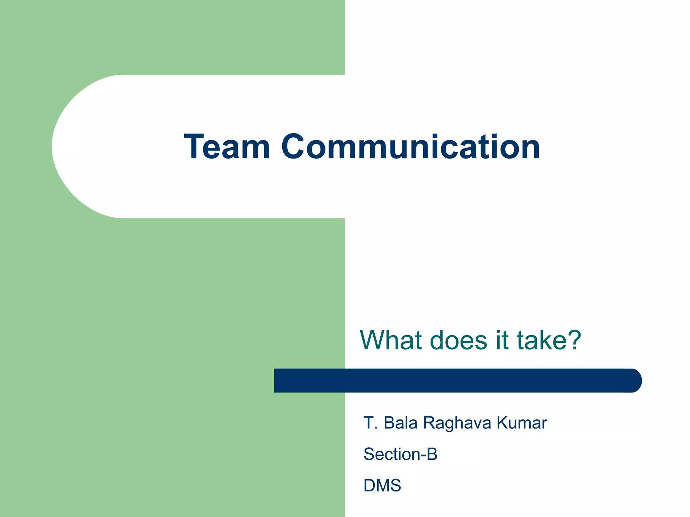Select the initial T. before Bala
coord(370,423)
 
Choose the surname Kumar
coord(522,423)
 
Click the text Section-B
coord(400,454)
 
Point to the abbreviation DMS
coord(382,485)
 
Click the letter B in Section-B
coord(432,454)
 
